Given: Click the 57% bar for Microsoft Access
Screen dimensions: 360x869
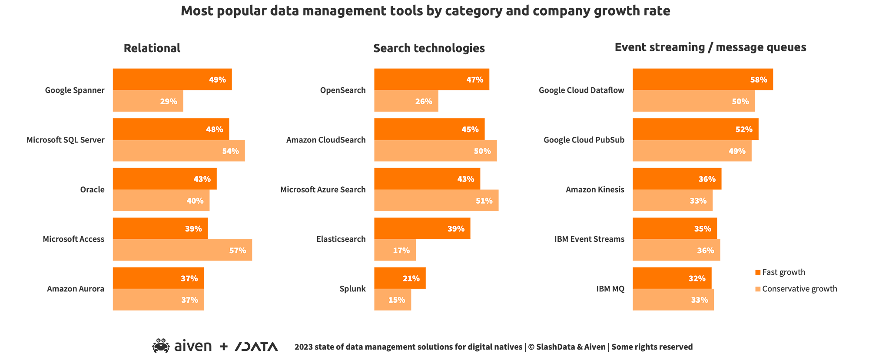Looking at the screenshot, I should (x=182, y=250).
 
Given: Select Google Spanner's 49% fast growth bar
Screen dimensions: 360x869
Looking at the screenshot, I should (x=172, y=79).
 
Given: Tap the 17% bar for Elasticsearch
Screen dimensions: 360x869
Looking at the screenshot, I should (x=395, y=250).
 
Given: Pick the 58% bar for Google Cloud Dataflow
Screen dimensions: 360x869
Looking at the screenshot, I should (x=703, y=79).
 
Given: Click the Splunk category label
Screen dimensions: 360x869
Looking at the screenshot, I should (x=352, y=289).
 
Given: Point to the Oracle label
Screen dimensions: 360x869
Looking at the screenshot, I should (x=92, y=190).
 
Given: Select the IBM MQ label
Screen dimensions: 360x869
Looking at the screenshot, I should (x=610, y=289).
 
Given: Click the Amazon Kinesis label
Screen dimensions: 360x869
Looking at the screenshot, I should (x=595, y=190).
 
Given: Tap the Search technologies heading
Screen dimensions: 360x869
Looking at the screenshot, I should (x=429, y=48).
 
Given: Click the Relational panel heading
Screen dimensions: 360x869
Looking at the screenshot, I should (x=152, y=48).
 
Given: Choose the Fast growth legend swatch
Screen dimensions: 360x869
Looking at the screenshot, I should (x=758, y=272).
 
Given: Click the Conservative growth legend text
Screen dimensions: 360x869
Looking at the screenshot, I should (x=799, y=289).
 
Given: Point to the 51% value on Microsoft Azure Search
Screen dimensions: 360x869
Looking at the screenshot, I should (x=484, y=201).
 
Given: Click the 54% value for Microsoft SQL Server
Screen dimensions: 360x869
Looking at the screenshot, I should (x=230, y=151).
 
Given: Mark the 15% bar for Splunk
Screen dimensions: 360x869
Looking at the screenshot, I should (x=392, y=300).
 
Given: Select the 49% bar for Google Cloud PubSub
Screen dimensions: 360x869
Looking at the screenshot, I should (x=692, y=151).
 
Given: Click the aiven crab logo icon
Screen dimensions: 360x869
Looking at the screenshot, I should (x=161, y=346).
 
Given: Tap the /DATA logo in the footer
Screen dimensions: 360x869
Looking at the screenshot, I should (x=256, y=347).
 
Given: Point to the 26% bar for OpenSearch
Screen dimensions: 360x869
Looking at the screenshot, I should (x=406, y=101).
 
